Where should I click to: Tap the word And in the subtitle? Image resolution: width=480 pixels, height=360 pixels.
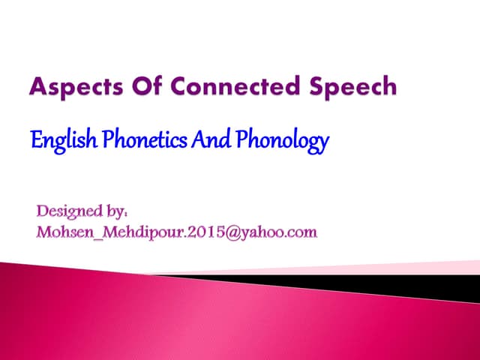(212, 140)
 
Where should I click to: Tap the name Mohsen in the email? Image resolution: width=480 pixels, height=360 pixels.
(67, 232)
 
